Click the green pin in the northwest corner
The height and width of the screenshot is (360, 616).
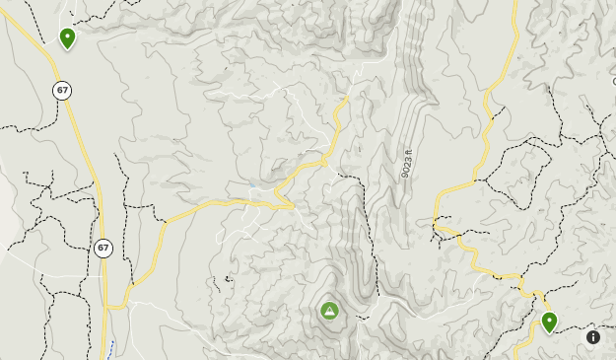pos(67,38)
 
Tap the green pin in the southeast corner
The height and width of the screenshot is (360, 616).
pos(549,322)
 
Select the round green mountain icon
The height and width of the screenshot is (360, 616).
pos(329,311)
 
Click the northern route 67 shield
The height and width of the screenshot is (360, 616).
pos(62,91)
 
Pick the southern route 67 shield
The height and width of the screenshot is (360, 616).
pos(103,249)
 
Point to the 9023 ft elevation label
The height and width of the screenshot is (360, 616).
pos(406,163)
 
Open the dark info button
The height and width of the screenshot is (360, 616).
pos(593,337)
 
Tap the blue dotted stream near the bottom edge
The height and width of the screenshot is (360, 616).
pos(110,348)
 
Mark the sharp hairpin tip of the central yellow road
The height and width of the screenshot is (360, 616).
pos(294,206)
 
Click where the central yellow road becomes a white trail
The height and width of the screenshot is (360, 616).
pos(348,99)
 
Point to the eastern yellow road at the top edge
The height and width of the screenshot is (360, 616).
pos(515,4)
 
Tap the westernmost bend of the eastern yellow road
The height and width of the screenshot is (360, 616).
pos(435,225)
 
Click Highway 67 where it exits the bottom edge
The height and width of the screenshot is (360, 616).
pos(103,356)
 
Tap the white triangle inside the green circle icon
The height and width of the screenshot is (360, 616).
pos(329,311)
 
